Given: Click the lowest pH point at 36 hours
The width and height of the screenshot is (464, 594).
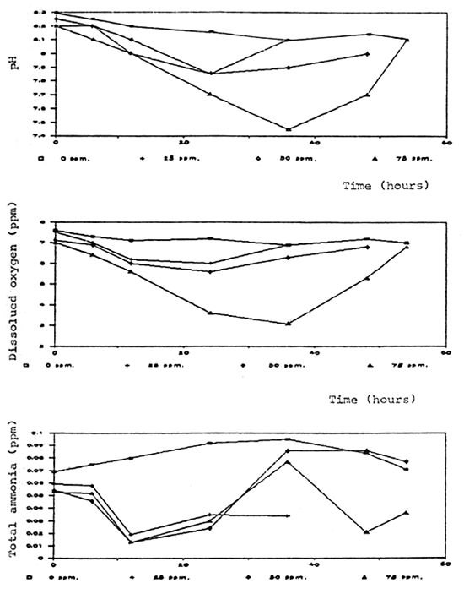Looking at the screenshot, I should [289, 129].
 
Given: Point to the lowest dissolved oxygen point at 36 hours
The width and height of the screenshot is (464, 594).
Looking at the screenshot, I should [289, 324].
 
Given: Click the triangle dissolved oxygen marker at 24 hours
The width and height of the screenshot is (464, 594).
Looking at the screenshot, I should [210, 313].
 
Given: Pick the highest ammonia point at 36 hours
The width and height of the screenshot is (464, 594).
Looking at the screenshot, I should [289, 439].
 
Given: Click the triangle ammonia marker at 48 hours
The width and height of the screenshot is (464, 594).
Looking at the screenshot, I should [366, 531].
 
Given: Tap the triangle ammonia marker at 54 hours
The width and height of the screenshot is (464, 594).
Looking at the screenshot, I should [407, 513].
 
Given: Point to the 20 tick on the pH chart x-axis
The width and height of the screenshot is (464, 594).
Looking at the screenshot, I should [183, 141].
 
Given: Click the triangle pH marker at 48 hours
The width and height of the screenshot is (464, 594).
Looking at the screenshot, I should [366, 95].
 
